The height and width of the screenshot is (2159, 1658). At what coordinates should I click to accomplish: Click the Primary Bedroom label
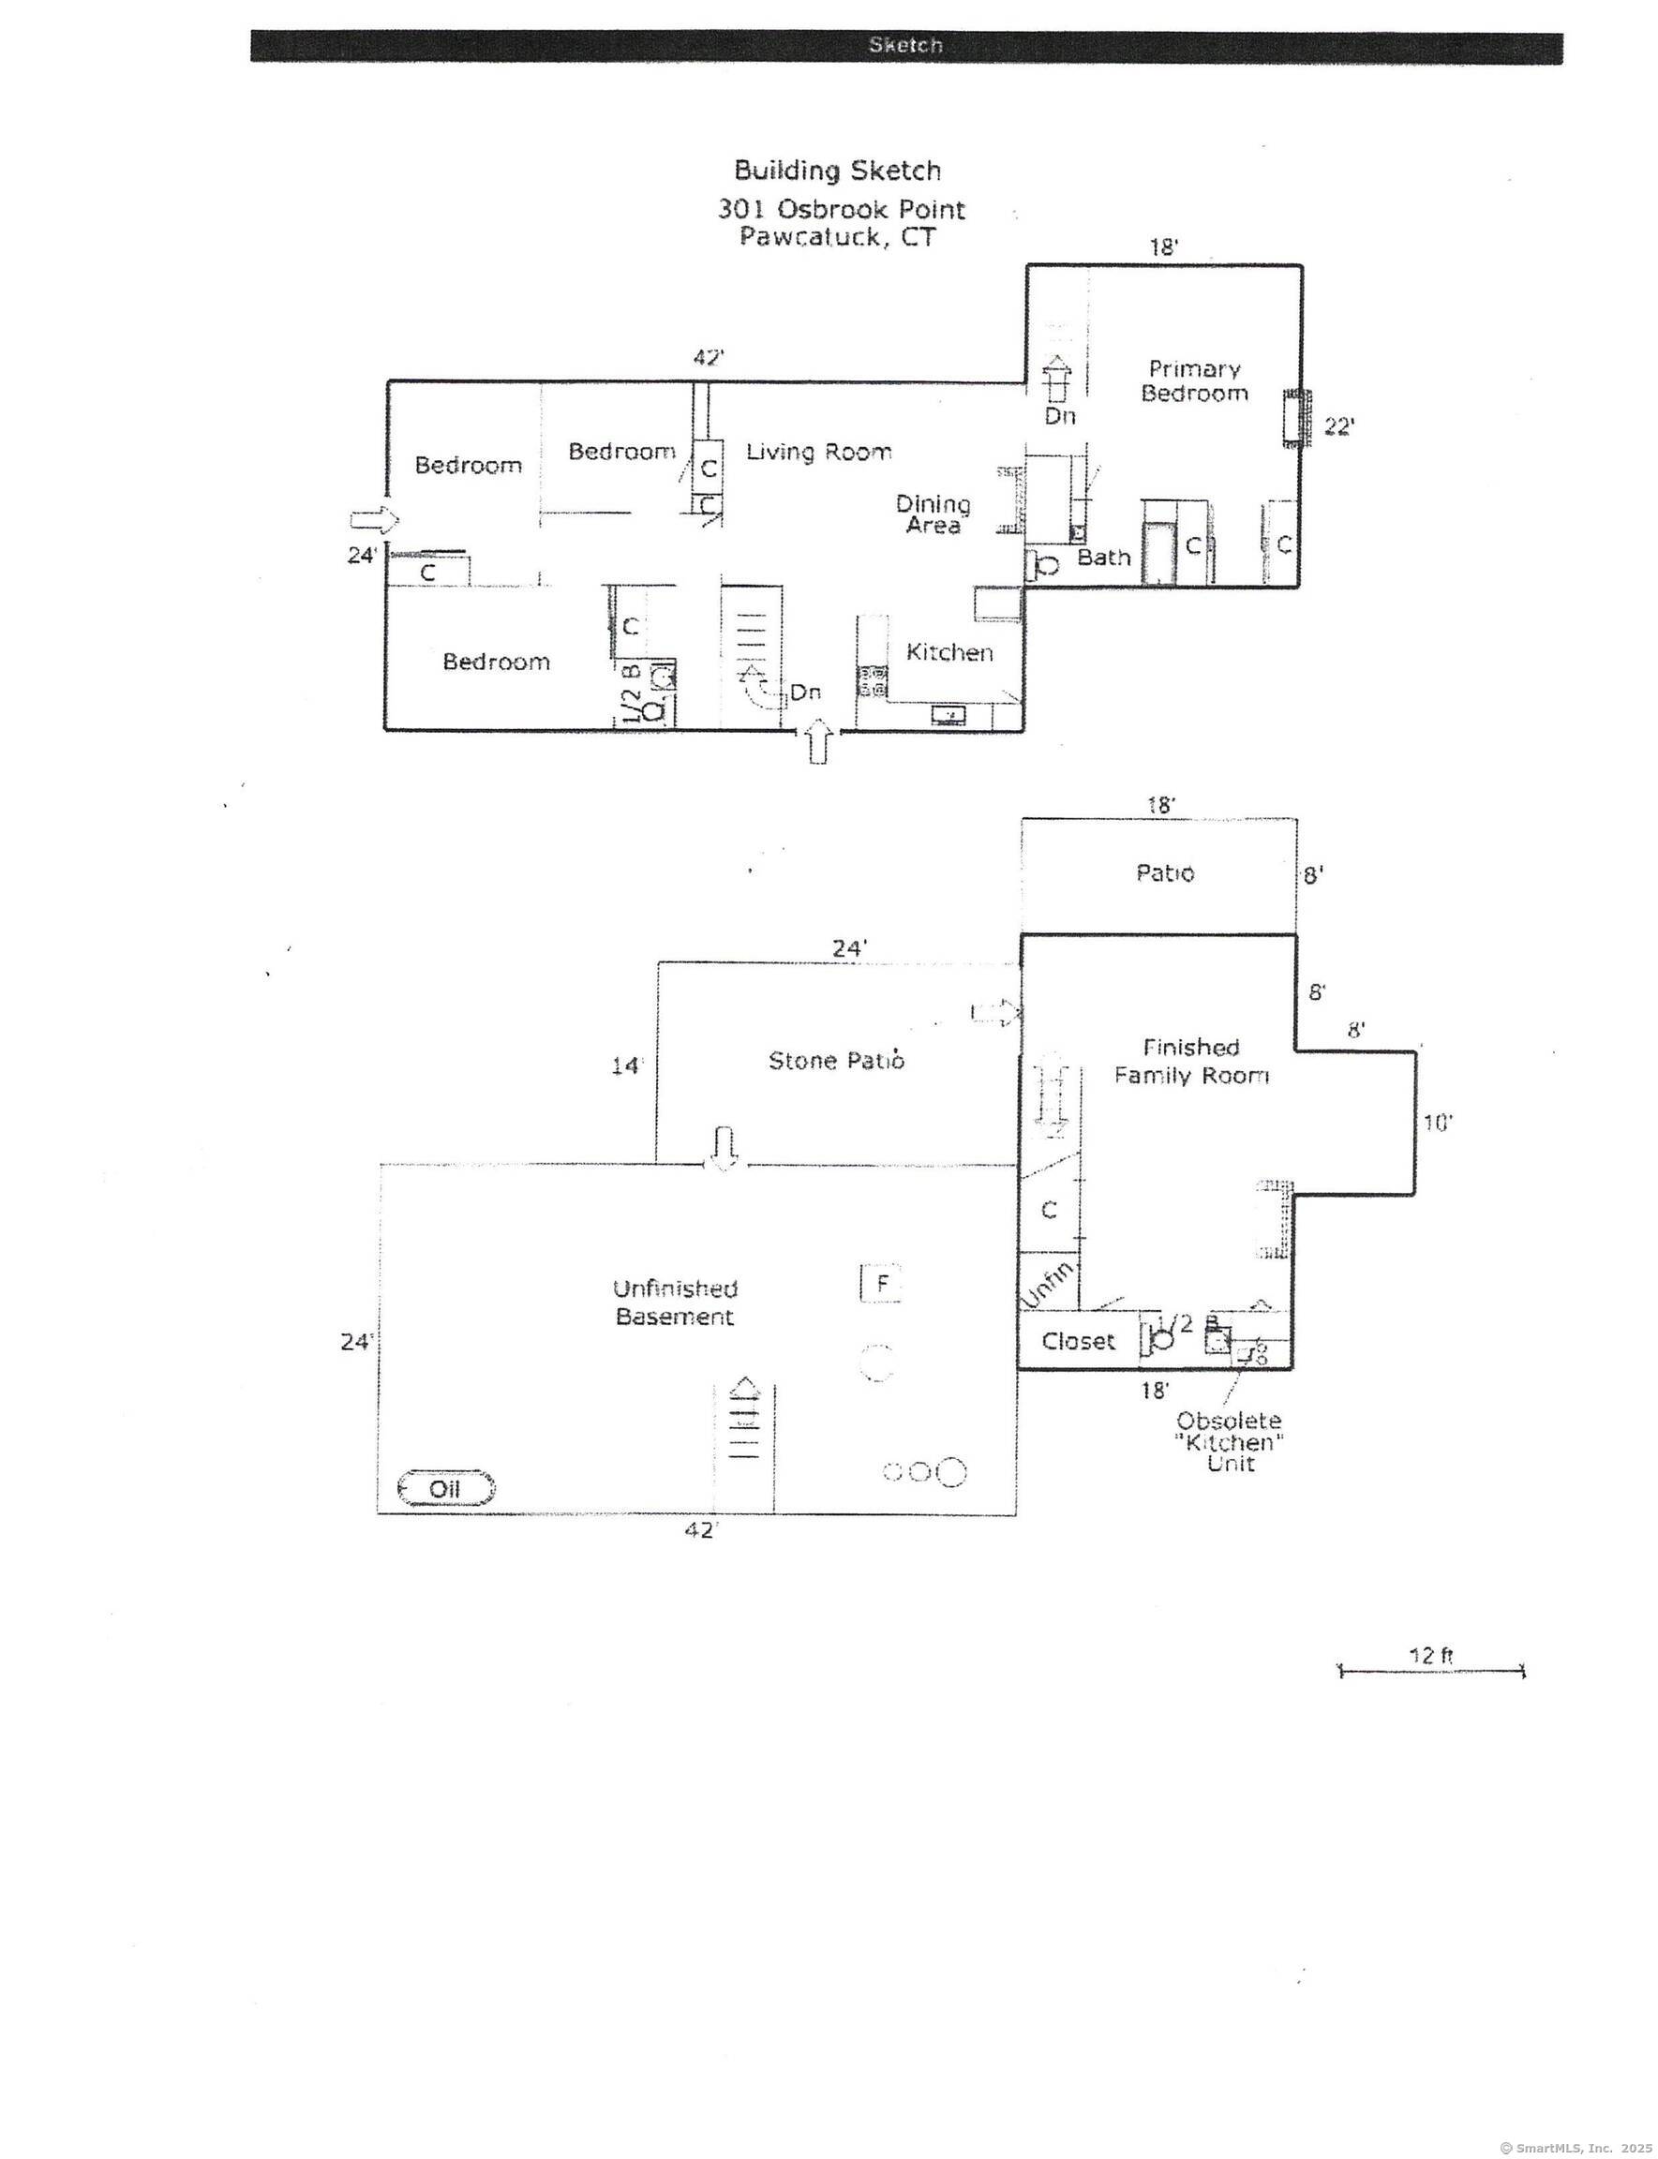pos(1194,380)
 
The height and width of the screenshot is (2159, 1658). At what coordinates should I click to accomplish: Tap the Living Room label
pos(818,452)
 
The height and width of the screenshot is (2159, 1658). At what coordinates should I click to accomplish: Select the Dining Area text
pos(933,514)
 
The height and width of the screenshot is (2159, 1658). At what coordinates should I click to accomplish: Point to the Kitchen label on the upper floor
pos(948,652)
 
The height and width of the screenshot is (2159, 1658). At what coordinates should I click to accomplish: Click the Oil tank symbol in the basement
pos(445,1488)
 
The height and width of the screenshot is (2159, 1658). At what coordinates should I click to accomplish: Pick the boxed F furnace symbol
pos(881,1284)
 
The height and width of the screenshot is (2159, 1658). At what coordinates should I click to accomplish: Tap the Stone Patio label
pos(836,1061)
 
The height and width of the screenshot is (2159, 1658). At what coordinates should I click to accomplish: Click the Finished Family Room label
pos(1191,1062)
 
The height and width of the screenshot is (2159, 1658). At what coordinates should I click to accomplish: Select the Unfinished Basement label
pos(675,1303)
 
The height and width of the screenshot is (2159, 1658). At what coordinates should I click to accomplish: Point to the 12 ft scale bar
pos(1431,1671)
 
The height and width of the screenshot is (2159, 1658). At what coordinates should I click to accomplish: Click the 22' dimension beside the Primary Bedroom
pos(1338,426)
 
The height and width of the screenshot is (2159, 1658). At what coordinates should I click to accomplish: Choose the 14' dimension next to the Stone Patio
pos(626,1065)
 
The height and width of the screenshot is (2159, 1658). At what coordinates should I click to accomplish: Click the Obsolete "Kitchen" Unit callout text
pos(1229,1443)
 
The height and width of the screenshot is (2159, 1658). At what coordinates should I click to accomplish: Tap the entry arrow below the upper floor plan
pos(817,742)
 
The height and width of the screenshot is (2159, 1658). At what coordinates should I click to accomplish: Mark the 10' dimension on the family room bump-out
pos(1437,1123)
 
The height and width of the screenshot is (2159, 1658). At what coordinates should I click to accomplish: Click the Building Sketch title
pos(837,171)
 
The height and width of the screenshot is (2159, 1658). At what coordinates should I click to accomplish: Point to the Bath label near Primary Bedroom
pos(1103,558)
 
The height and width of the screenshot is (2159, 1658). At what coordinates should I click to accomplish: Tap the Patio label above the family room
pos(1165,873)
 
